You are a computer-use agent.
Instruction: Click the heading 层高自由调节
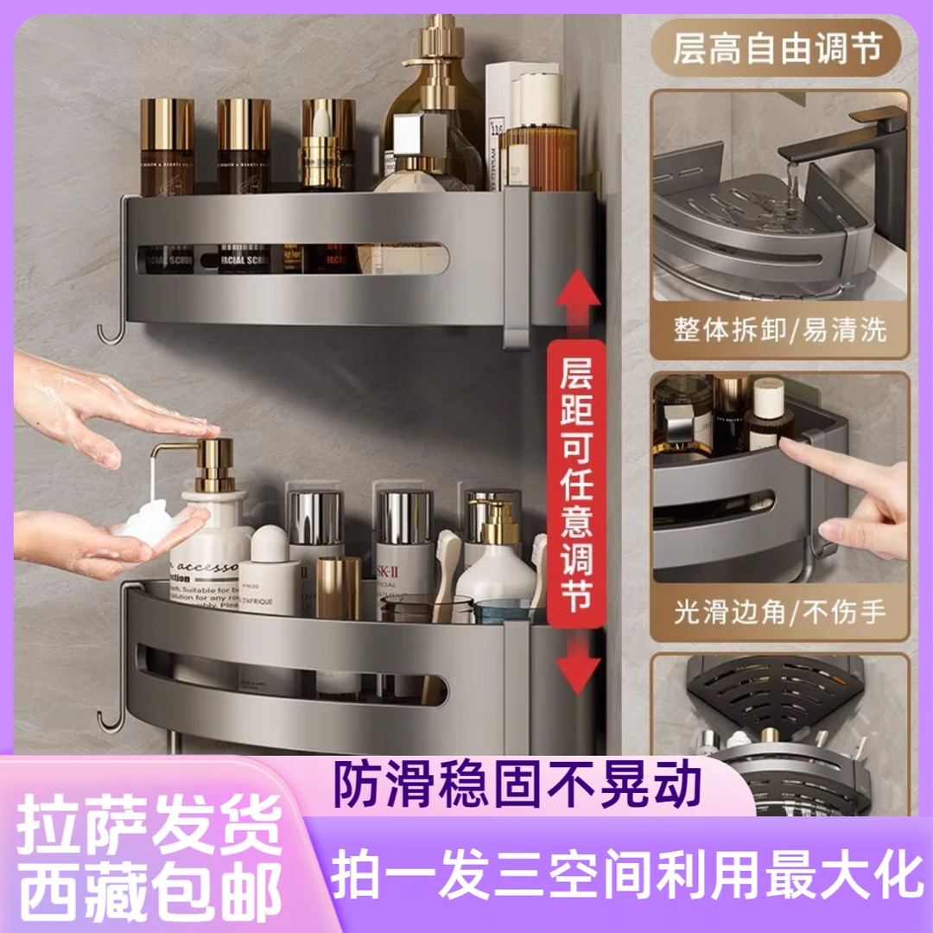tap(778, 49)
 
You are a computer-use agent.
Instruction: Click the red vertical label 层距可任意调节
tap(577, 484)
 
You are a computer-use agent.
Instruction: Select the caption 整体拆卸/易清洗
tap(778, 330)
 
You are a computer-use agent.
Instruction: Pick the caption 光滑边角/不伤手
tap(778, 612)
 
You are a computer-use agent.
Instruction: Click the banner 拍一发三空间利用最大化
tap(625, 875)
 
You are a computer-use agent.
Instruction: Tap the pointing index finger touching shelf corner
tap(790, 448)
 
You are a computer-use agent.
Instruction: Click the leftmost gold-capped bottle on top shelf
tap(167, 147)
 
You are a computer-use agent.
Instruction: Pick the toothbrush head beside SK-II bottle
tap(447, 553)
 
